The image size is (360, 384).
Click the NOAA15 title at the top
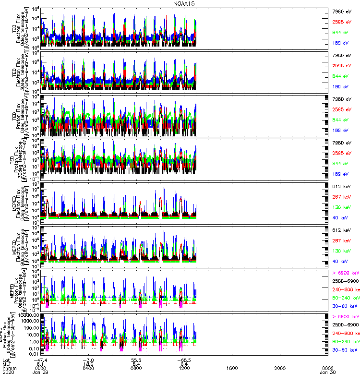184,3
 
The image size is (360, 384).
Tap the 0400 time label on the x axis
88,368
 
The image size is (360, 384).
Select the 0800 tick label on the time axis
136,368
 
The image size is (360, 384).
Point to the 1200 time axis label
184,368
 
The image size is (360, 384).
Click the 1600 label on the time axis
232,368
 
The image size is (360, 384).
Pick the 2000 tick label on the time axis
280,368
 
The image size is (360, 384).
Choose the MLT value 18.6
88,364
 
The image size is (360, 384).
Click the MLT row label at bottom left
7,364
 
